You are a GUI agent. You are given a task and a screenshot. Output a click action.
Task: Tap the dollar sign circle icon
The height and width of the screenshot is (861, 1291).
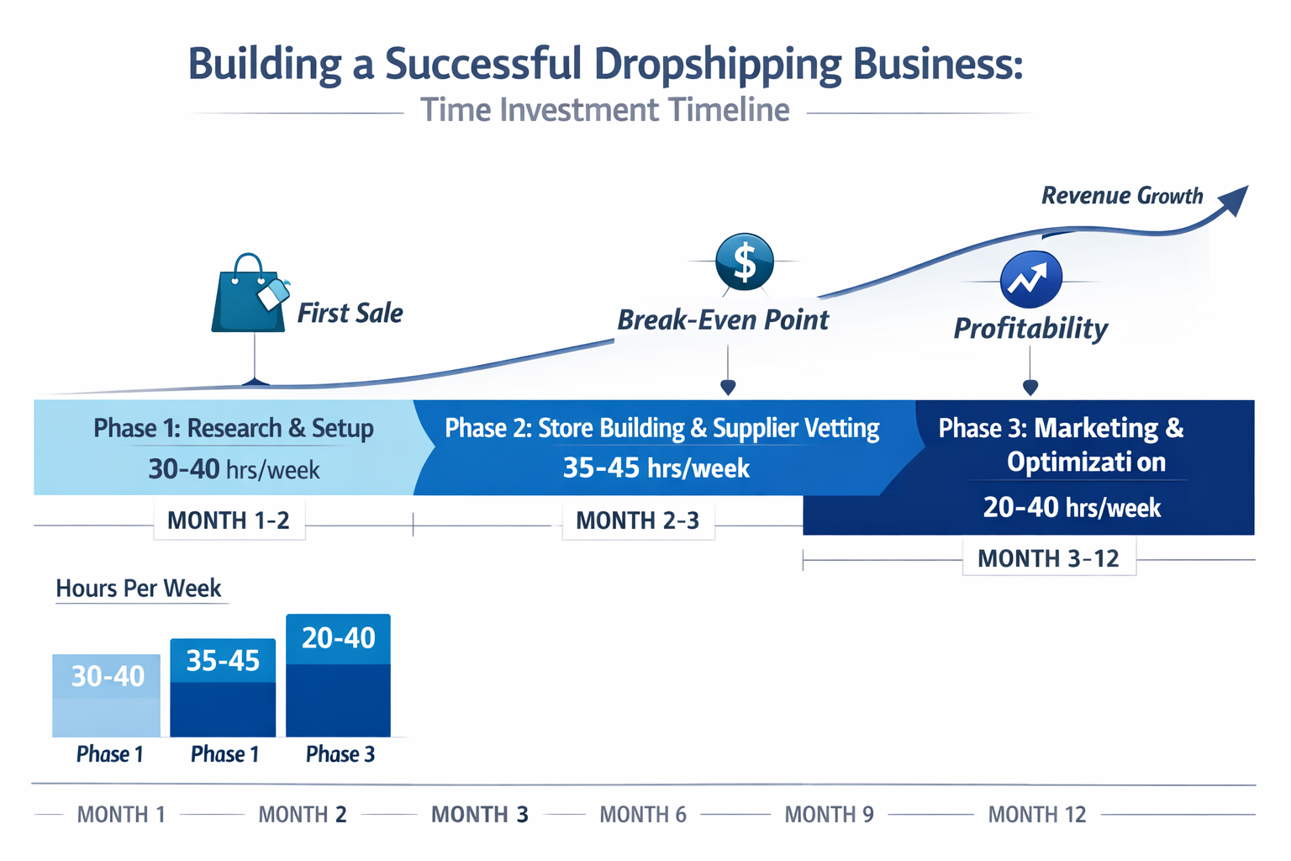(745, 261)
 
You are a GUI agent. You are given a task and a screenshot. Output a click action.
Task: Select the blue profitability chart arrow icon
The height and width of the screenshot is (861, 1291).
(1030, 279)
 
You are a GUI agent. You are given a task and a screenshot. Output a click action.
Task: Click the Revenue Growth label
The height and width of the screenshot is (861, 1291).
(1121, 196)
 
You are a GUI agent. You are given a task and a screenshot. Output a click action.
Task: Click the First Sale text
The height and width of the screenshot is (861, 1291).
(350, 314)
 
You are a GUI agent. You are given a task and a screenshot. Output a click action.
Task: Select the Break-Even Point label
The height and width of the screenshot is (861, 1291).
(723, 320)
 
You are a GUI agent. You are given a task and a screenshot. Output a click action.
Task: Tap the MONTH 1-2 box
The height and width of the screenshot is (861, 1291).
(229, 520)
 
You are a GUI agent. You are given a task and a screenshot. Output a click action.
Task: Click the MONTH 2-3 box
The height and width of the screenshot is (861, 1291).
(637, 520)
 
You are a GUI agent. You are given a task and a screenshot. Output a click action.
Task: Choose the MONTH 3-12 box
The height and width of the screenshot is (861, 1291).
(1048, 558)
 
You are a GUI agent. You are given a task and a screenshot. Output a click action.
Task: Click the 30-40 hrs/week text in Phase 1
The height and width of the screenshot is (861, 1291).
(234, 469)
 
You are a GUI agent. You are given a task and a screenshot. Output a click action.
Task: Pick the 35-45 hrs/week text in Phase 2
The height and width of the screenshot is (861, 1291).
(656, 467)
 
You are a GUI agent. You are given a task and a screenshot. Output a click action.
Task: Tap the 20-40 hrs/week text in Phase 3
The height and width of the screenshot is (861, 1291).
(1072, 508)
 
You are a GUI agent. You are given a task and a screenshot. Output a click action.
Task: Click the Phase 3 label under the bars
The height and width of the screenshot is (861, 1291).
(340, 754)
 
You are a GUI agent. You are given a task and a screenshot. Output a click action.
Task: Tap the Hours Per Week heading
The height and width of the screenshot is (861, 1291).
(139, 589)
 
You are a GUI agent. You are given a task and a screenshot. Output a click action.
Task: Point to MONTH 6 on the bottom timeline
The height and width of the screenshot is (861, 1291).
(643, 815)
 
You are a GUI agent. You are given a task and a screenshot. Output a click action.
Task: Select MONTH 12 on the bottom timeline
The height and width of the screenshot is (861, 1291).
(1036, 815)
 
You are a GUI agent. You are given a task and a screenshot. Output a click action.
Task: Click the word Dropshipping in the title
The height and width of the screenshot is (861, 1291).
(718, 66)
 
